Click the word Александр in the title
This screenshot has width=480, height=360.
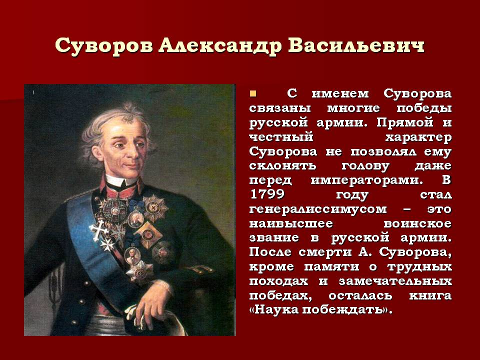(x=220, y=46)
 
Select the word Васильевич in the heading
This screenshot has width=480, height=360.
(x=356, y=45)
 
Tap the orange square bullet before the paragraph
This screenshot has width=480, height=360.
(x=253, y=93)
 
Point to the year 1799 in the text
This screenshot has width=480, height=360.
(x=267, y=194)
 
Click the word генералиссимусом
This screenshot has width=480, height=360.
(x=318, y=209)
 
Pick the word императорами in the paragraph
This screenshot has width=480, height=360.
(x=367, y=180)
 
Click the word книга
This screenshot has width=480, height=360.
(x=430, y=295)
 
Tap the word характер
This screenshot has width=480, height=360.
(x=418, y=137)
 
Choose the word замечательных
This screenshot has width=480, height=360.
(x=395, y=280)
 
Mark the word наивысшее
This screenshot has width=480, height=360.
(x=291, y=223)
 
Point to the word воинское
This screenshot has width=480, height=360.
(x=417, y=223)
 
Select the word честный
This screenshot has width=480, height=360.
(x=281, y=137)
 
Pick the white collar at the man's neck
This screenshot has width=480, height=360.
(x=120, y=180)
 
